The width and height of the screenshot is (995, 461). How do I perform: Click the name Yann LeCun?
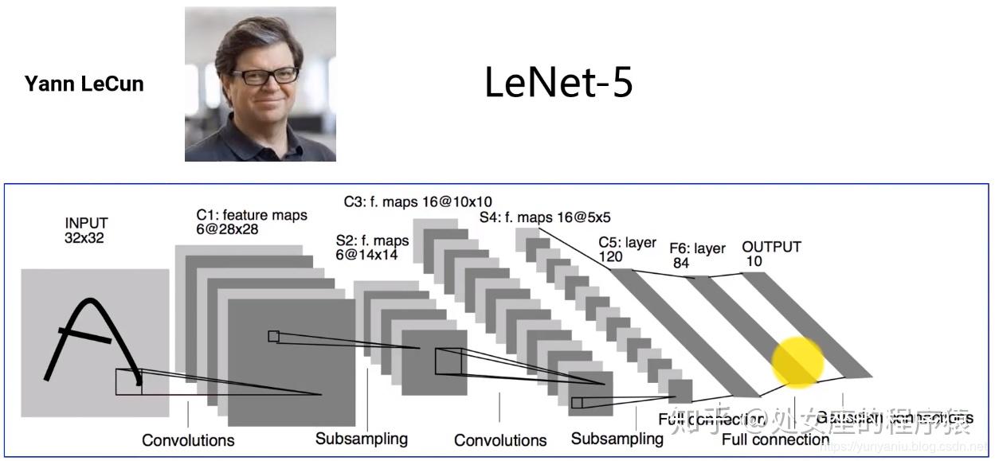tap(84, 84)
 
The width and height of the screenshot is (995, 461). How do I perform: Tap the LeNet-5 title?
tap(558, 83)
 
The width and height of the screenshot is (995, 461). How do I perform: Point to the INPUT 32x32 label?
tap(86, 230)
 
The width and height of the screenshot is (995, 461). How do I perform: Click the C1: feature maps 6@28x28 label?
tap(252, 222)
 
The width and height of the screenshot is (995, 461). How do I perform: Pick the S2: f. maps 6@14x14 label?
tap(372, 248)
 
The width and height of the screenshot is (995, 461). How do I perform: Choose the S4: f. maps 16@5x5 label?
tap(545, 217)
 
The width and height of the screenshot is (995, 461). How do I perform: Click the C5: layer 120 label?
tap(627, 250)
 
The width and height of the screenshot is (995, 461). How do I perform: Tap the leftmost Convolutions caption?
tap(188, 440)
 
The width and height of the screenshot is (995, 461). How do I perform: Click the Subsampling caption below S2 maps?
tap(361, 439)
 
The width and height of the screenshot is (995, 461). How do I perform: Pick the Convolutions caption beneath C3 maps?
tap(500, 440)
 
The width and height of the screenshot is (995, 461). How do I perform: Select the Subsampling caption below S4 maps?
tap(617, 439)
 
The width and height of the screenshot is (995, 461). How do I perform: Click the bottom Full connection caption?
tap(775, 440)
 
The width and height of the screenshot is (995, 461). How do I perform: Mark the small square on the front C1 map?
tap(273, 336)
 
